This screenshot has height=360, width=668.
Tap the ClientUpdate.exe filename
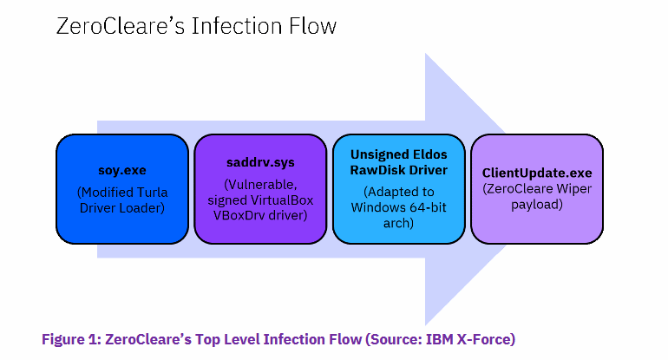coord(537,173)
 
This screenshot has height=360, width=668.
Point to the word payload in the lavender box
coord(537,206)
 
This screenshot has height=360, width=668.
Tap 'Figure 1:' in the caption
coord(71,339)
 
